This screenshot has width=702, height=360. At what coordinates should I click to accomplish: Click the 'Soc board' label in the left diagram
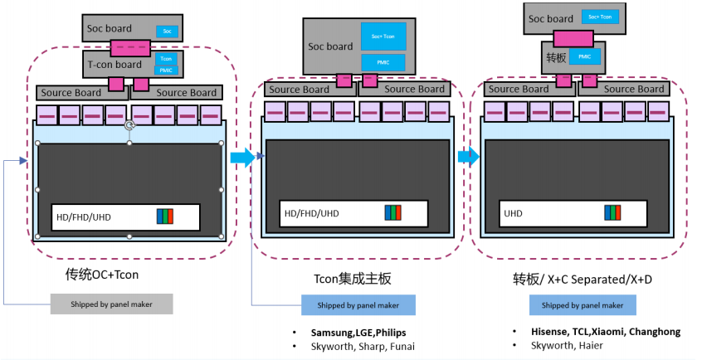[x=108, y=29]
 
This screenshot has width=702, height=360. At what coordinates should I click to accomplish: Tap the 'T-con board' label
[x=115, y=63]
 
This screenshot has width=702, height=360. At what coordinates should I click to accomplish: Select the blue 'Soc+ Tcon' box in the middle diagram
[x=383, y=36]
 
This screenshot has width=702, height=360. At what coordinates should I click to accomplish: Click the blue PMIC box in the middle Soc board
[x=383, y=62]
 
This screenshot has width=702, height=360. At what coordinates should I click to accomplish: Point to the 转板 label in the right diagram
[x=556, y=57]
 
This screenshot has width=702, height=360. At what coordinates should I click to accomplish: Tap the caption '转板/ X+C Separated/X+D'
[x=583, y=280]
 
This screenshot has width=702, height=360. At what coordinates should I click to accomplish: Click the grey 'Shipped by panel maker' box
[x=111, y=304]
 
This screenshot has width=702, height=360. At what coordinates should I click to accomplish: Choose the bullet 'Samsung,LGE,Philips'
[x=358, y=332]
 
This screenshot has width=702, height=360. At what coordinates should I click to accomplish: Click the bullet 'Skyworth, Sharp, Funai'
[x=363, y=346]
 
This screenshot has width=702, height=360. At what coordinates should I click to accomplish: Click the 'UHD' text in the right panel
[x=513, y=213]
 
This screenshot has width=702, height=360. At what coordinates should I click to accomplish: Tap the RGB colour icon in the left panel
[x=164, y=216]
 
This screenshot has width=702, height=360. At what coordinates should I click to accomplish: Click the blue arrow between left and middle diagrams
[x=242, y=158]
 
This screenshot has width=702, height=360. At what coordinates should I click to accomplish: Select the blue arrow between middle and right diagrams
[x=468, y=156]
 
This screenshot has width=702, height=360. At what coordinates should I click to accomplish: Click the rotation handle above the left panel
[x=129, y=125]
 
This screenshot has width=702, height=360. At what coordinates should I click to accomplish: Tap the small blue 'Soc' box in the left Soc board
[x=167, y=32]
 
